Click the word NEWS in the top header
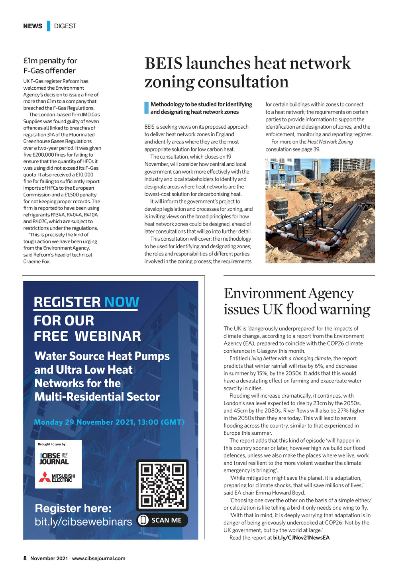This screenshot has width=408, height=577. [x=33, y=26]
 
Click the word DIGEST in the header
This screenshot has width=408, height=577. [x=65, y=26]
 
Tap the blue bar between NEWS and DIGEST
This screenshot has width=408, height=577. [x=49, y=26]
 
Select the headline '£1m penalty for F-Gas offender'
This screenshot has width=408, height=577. [x=50, y=66]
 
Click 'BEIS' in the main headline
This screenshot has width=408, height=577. [x=163, y=64]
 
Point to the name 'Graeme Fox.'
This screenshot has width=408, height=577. [x=37, y=262]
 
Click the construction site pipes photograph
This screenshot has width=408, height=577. [x=320, y=211]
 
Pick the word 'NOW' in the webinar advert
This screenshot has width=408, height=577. [x=122, y=302]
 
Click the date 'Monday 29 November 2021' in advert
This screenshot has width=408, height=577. [x=84, y=422]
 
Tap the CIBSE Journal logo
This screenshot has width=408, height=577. [x=54, y=459]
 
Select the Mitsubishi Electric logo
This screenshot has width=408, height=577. [x=57, y=477]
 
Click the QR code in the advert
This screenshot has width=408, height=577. [x=162, y=485]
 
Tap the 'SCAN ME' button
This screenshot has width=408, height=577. [x=162, y=520]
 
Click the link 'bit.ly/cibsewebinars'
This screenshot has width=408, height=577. [x=83, y=522]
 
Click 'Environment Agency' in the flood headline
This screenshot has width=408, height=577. [x=289, y=294]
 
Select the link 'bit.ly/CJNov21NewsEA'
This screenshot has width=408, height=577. [x=301, y=538]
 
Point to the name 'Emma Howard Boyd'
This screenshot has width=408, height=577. [x=280, y=493]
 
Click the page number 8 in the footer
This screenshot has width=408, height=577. [x=25, y=558]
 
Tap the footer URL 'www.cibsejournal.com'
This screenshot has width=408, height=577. [x=98, y=558]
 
